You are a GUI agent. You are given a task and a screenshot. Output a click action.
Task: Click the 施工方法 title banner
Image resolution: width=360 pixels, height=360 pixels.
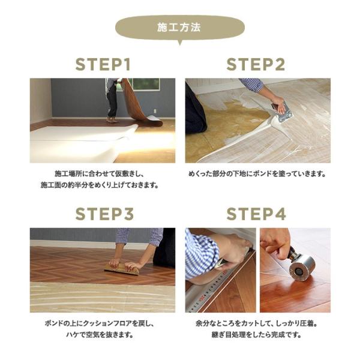[x=179, y=28]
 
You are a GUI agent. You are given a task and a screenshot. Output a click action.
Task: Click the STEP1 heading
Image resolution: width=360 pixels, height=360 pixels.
[x=103, y=65]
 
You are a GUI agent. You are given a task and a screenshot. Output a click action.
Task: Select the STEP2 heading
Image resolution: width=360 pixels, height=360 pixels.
[x=257, y=65]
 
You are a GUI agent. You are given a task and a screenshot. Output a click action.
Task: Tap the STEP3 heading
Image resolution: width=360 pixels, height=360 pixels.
[x=103, y=214]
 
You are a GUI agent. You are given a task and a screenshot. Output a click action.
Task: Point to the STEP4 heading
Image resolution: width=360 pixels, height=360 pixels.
[x=257, y=214]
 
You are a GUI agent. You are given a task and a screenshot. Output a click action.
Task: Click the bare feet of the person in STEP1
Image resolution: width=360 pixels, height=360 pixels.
[x=112, y=119]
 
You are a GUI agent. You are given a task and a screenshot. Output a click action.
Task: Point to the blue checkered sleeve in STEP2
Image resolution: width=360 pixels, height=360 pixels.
[x=251, y=85]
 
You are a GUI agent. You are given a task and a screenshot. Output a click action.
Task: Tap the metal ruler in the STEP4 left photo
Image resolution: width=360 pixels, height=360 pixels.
[x=222, y=288]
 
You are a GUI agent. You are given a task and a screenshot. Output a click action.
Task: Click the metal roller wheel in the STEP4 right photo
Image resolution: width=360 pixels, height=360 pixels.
[x=301, y=268]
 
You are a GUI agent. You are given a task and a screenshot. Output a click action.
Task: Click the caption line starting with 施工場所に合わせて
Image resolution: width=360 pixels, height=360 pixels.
[x=103, y=174]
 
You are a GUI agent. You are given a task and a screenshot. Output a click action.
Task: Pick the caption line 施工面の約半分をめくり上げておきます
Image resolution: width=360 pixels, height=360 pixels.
[x=103, y=185]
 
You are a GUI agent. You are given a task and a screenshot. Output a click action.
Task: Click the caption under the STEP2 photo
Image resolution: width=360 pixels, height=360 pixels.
[x=257, y=174]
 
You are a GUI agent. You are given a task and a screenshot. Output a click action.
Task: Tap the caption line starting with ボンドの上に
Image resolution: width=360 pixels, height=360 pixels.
[x=103, y=323]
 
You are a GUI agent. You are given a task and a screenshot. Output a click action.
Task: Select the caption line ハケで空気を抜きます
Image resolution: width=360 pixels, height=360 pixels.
[x=103, y=335]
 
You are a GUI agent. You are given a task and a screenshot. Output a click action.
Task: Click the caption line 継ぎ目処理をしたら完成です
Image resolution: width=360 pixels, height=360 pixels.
[x=257, y=335]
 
